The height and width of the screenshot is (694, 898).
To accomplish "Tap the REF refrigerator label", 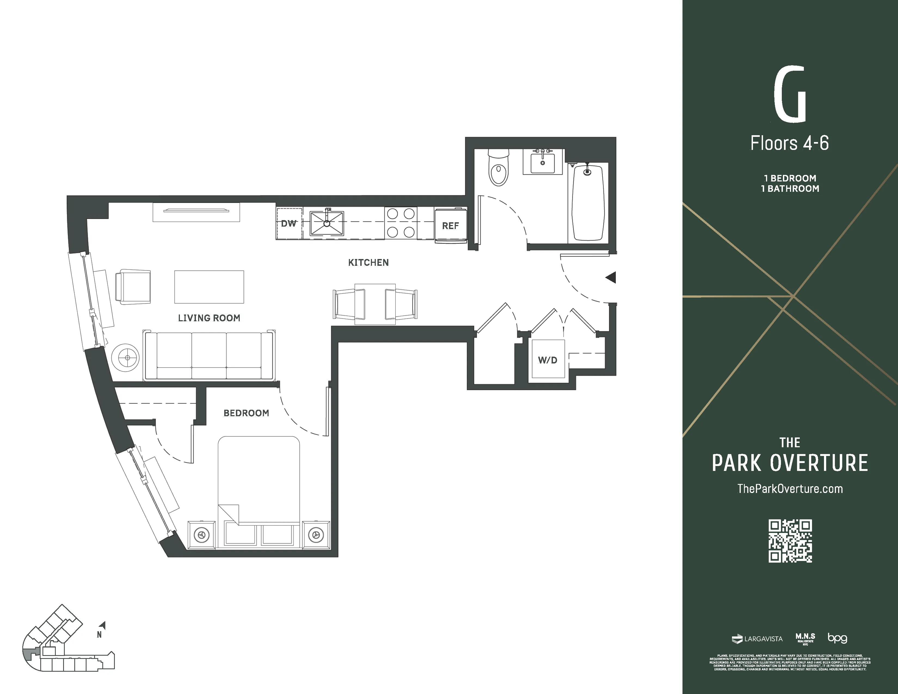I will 450,226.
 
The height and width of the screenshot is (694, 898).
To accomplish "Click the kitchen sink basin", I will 327,223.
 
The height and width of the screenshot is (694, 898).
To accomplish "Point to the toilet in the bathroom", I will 498,173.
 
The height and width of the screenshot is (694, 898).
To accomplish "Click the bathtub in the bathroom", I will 588,203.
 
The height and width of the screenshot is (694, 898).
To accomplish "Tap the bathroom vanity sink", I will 543,162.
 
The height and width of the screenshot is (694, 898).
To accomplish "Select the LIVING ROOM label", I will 209,318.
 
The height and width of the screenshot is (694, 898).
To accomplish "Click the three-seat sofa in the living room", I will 209,356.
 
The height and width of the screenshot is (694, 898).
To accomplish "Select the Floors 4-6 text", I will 789,143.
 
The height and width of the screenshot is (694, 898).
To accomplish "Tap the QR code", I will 790,541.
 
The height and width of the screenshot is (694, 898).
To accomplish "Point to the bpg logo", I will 837,638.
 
